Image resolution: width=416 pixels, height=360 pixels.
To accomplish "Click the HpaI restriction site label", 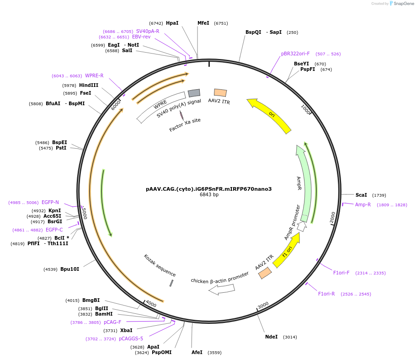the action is point(172,23).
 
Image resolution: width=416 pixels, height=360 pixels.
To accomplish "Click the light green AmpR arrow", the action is point(304,183).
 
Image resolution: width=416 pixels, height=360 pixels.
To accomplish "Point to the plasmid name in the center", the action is point(209,189).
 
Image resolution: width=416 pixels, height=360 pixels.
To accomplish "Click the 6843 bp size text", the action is point(209,194).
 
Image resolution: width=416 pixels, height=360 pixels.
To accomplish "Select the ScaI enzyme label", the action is point(361,195).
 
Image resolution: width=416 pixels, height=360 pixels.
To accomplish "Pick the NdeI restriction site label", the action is point(272,337).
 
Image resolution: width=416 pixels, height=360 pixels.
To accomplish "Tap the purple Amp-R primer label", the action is point(363,204).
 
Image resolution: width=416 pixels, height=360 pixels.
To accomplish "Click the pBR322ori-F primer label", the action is point(295,54).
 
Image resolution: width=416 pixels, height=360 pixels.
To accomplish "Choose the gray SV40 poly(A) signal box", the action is point(194,93).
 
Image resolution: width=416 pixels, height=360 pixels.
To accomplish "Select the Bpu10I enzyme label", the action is point(70,269).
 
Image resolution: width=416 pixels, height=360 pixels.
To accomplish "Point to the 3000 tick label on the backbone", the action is point(263,306).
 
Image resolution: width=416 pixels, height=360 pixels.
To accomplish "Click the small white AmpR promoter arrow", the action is point(302,226).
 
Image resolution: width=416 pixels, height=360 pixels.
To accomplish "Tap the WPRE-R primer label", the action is point(94,75).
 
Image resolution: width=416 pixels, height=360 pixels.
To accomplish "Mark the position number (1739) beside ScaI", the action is point(379,195).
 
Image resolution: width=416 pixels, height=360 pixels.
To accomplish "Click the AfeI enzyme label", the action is point(197,352).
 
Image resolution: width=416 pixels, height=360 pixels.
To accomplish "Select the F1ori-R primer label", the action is point(326,294).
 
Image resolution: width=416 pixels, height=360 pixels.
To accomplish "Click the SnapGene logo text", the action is point(404,4).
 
